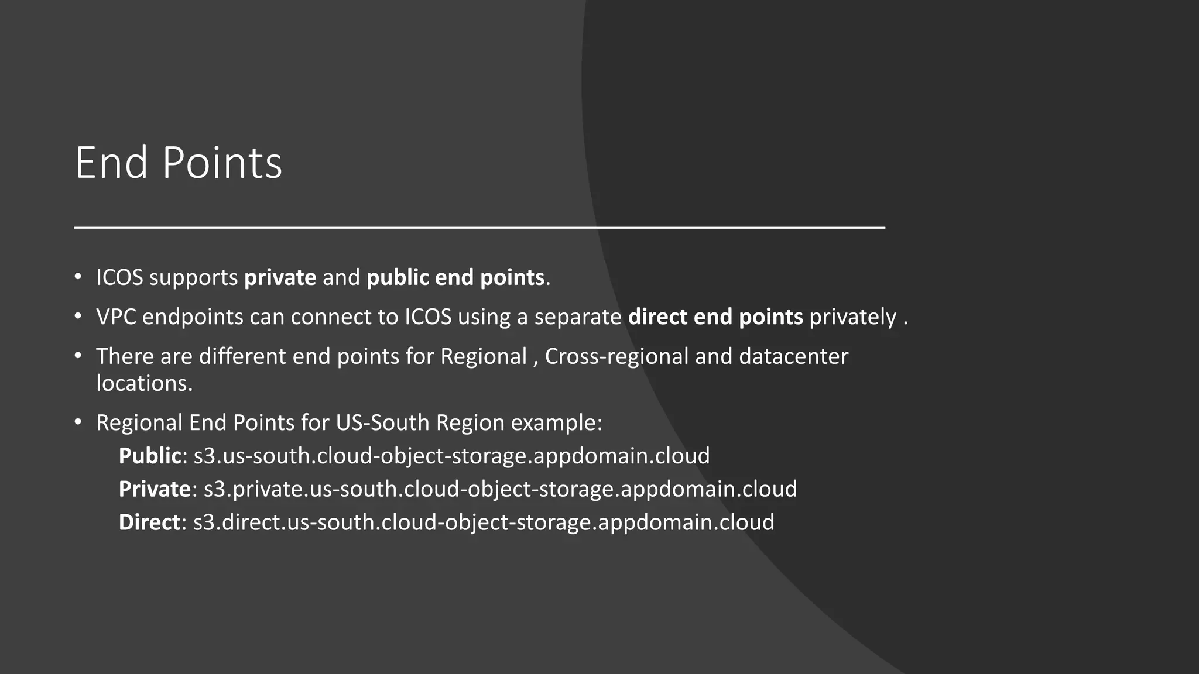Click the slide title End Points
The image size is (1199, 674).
pos(179,163)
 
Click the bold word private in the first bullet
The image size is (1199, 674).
pos(280,277)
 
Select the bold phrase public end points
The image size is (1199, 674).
pos(455,277)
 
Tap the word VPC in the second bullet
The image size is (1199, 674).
pos(116,317)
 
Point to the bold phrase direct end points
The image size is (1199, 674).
pos(715,317)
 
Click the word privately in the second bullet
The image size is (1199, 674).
pos(852,317)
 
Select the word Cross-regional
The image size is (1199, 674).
pos(616,356)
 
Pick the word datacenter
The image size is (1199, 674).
pos(793,356)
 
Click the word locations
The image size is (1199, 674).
pos(144,383)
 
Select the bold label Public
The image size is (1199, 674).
pos(150,456)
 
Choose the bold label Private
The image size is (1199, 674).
pos(155,489)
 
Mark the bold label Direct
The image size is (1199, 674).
pos(149,522)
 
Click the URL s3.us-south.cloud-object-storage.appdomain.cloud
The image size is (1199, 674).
pos(451,456)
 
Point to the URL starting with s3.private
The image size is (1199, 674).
pos(500,489)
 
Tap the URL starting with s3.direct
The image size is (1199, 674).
pos(484,522)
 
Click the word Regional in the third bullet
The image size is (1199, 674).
pos(484,356)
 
